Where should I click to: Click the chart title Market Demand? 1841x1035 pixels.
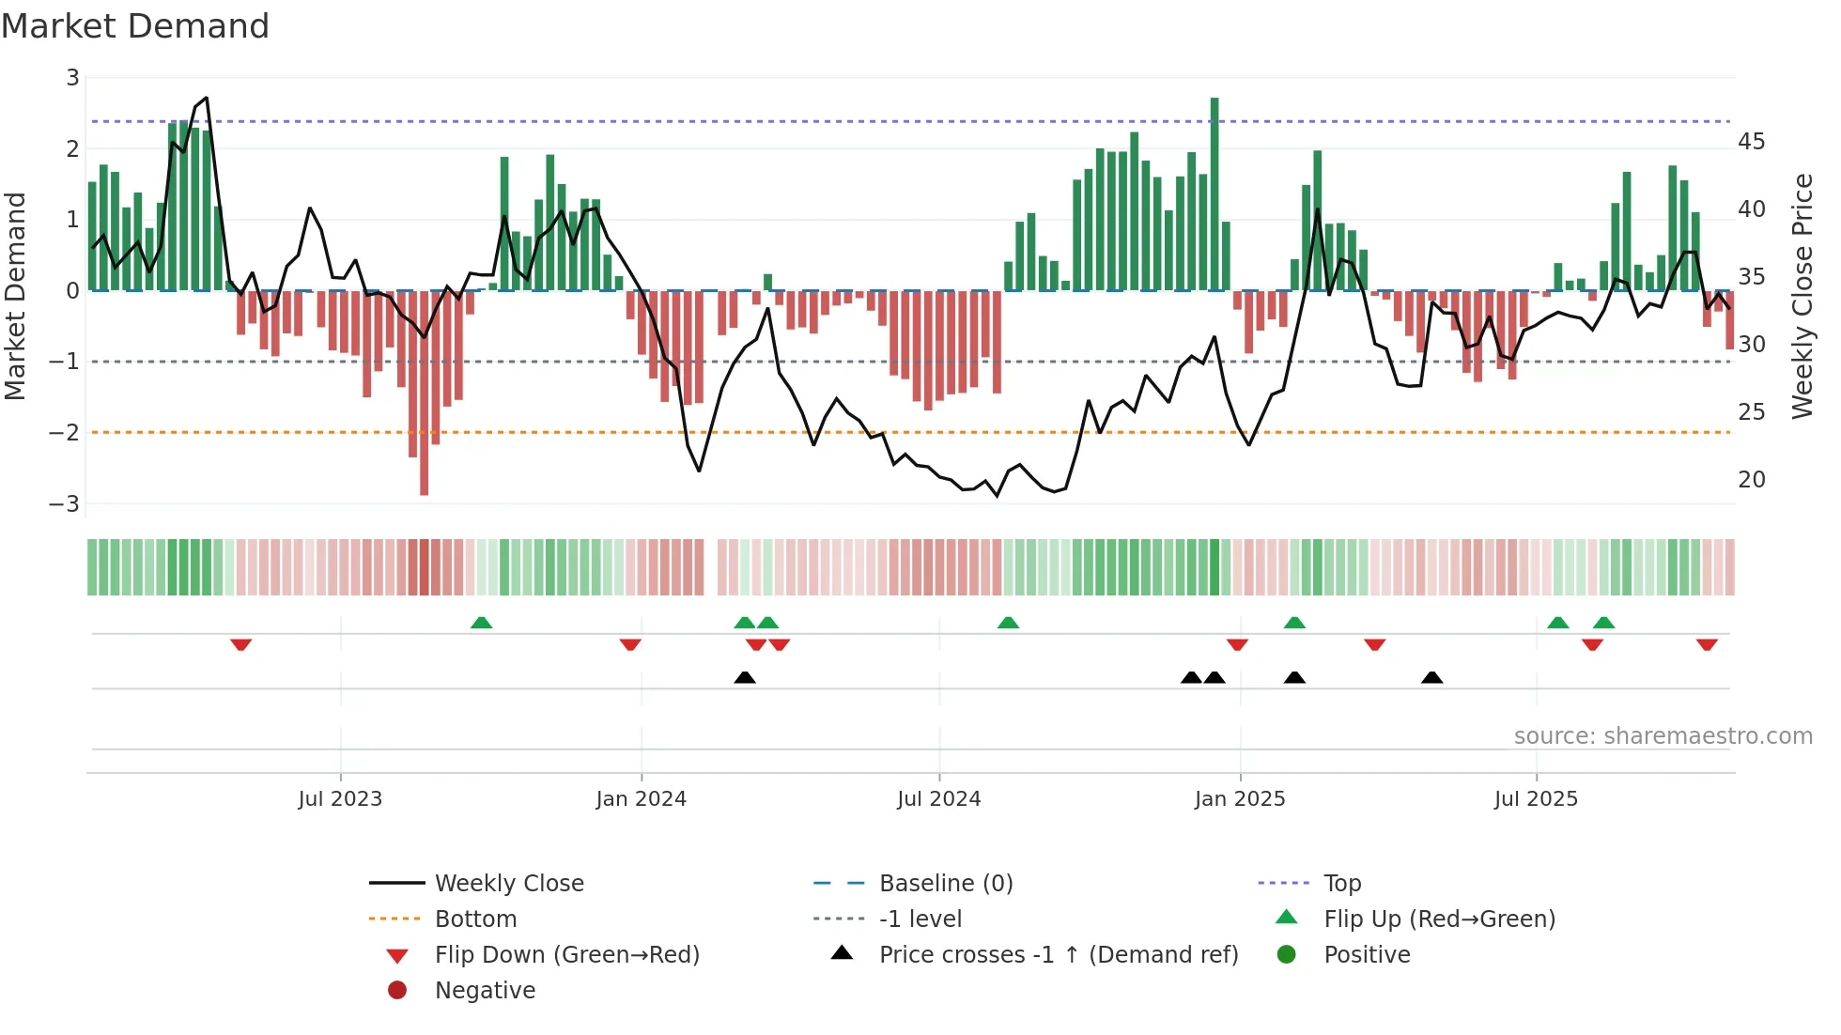coord(135,26)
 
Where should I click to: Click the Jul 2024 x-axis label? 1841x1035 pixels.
coord(938,798)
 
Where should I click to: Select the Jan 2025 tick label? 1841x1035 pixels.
coord(1239,798)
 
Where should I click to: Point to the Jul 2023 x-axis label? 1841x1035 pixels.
coord(340,798)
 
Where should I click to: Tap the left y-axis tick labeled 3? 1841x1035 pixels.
coord(72,78)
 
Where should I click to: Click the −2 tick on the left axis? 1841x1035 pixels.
coord(65,432)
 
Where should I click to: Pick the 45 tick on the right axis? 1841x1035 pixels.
coord(1751,142)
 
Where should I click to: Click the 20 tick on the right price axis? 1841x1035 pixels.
coord(1751,479)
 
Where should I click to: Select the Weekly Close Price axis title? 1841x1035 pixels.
coord(1802,295)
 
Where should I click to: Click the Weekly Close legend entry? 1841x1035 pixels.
coord(508,883)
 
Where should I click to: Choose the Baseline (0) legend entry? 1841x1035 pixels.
coord(945,883)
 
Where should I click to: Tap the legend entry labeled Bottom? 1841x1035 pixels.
coord(475,919)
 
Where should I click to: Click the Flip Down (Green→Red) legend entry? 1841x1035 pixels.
coord(566,954)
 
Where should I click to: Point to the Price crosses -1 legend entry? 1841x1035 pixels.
coord(1058,954)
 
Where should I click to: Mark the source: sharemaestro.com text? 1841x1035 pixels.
coord(1663,735)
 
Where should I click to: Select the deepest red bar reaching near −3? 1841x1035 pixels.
coord(424,394)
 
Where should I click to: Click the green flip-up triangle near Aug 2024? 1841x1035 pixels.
coord(1008,623)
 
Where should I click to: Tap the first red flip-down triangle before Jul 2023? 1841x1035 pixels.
coord(240,644)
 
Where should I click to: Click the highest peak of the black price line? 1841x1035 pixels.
coord(206,98)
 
